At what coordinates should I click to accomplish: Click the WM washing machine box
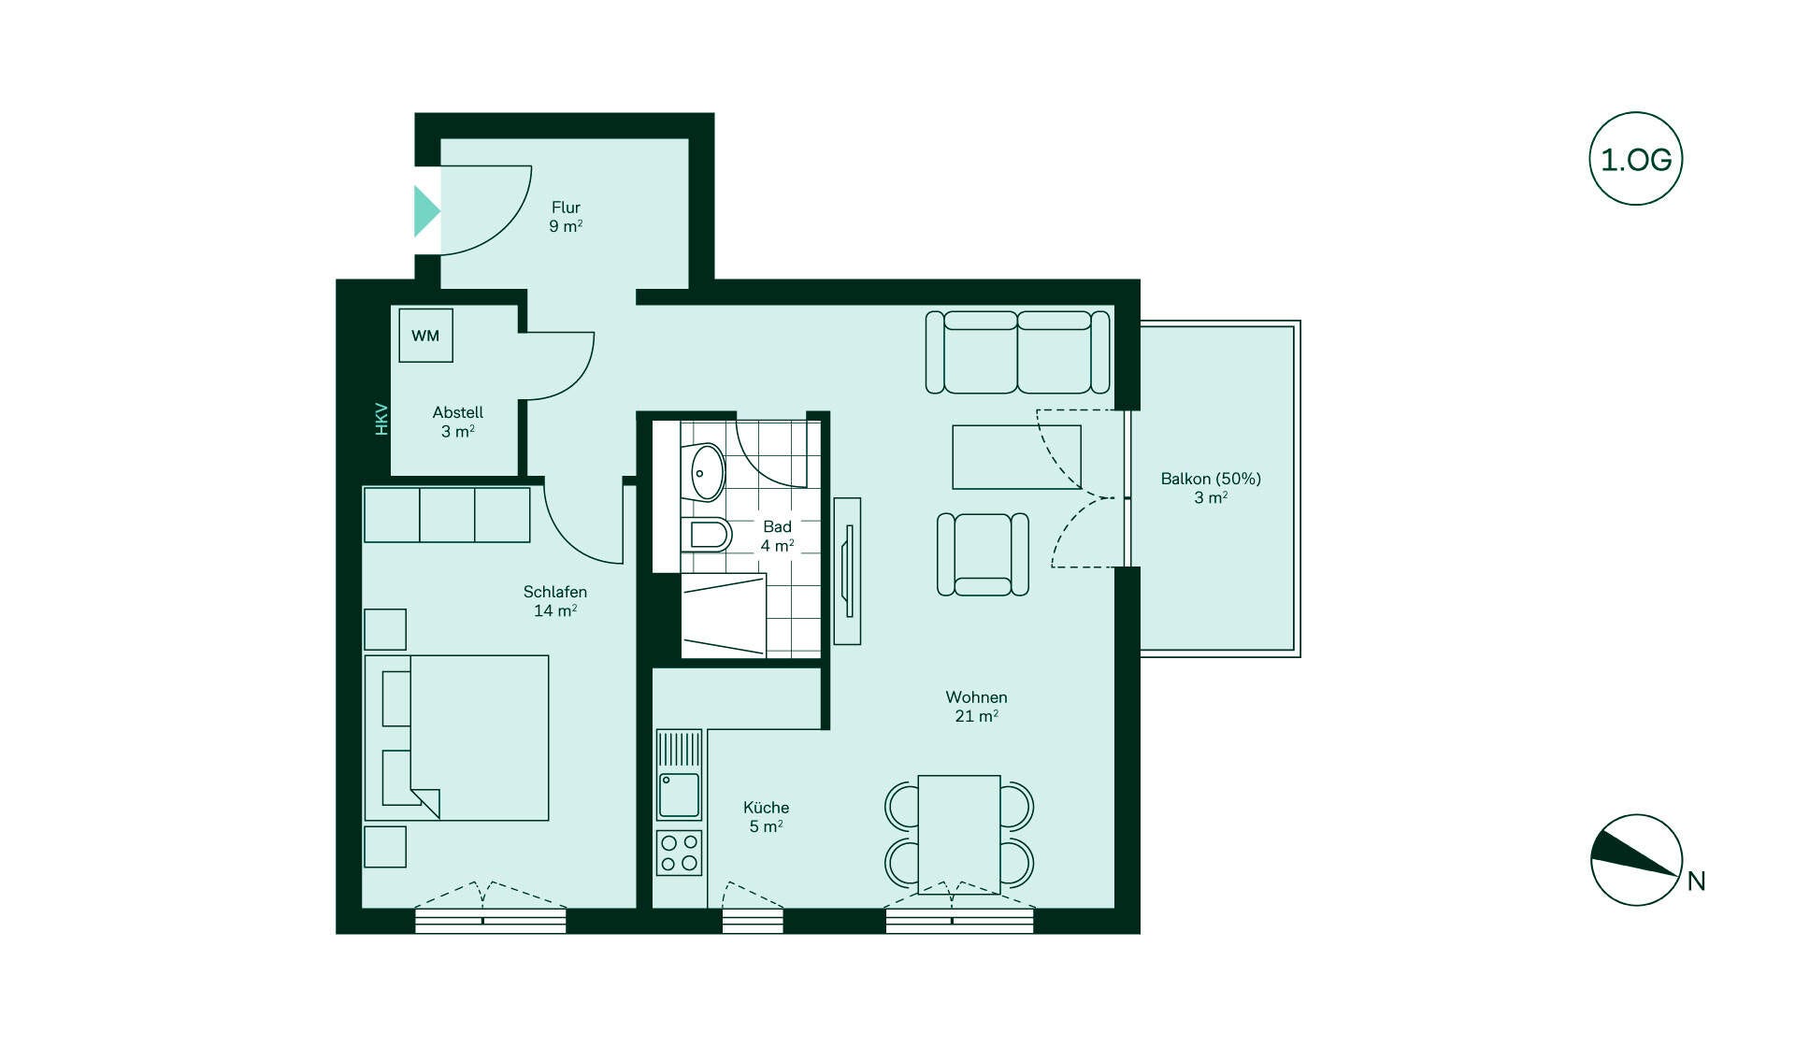click(x=425, y=336)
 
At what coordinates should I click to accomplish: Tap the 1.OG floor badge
click(x=1636, y=159)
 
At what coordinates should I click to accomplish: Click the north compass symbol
click(x=1636, y=860)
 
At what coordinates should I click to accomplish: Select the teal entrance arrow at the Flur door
click(x=426, y=210)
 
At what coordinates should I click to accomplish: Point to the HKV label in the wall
click(x=381, y=419)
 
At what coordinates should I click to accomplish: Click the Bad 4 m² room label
click(x=777, y=537)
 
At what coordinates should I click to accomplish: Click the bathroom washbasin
click(x=706, y=472)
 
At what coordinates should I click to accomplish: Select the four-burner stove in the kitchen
click(x=679, y=853)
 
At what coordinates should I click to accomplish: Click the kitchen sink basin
click(x=679, y=795)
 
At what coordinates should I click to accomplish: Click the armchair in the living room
click(x=983, y=553)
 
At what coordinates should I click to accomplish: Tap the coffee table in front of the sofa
click(x=1016, y=457)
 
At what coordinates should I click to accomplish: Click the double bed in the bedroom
click(x=456, y=738)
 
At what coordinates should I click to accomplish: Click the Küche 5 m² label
click(x=766, y=817)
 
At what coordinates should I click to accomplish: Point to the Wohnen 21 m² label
click(x=976, y=707)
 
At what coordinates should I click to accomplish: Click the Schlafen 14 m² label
click(x=555, y=601)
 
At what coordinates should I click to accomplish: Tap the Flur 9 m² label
click(x=566, y=217)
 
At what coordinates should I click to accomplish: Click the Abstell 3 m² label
click(x=458, y=422)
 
